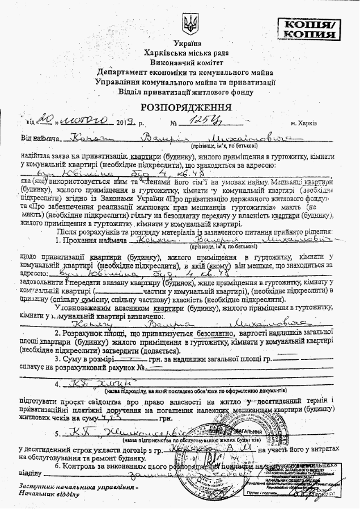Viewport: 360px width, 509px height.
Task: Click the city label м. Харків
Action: pos(303,122)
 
